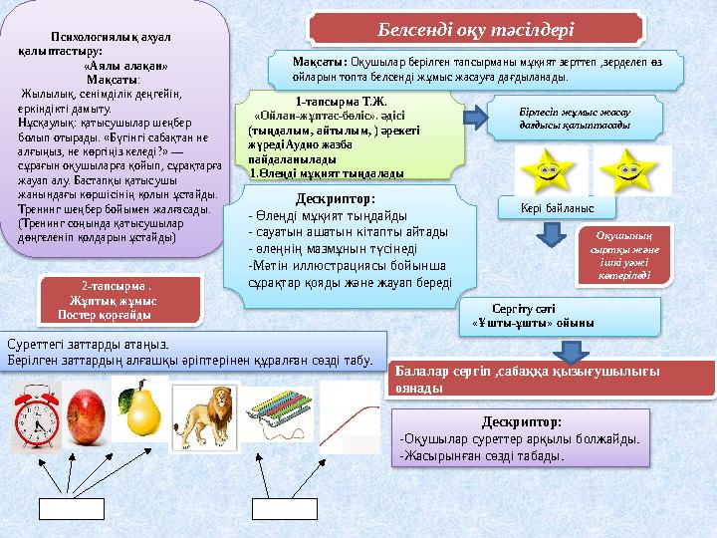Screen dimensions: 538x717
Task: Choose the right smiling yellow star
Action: pos(626,170)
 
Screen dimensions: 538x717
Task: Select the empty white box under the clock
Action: pos(71,508)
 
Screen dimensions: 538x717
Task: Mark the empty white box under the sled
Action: pos(285,508)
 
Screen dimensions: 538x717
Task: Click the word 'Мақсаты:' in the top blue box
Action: pos(313,62)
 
